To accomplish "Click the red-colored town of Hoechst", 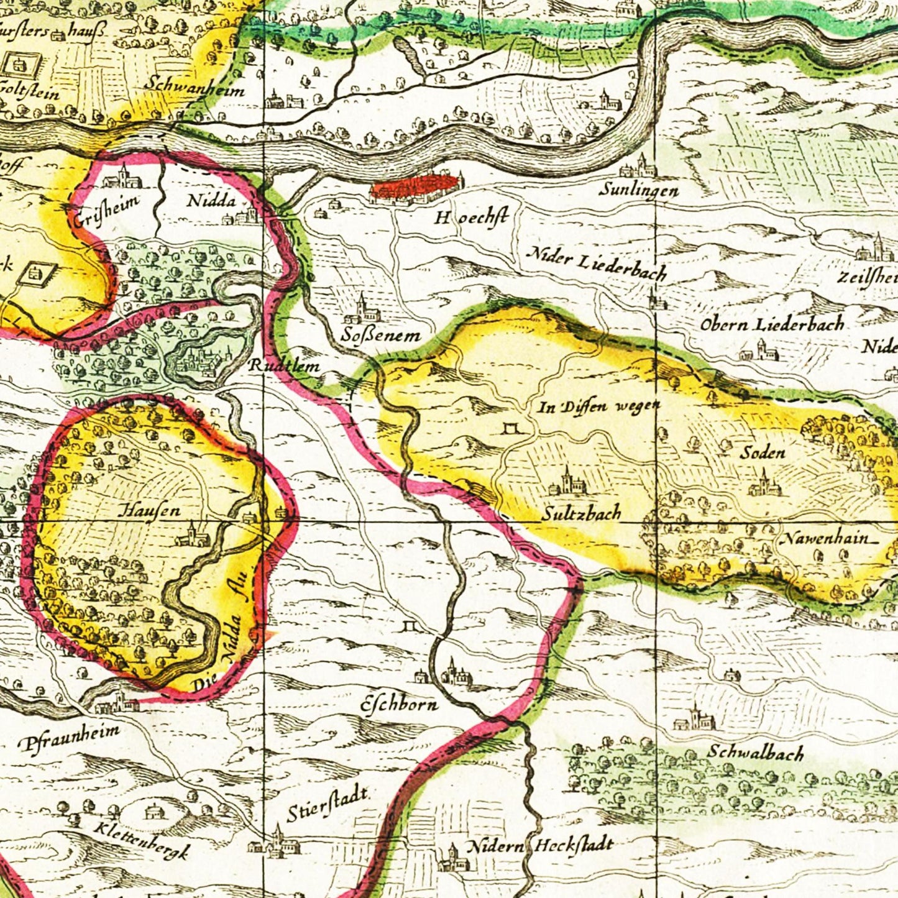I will point(415,188).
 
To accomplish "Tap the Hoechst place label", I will point(471,218).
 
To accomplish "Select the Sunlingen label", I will point(638,190).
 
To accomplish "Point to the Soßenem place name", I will point(380,336).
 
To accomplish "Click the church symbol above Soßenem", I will point(362,309).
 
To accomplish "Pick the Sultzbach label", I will point(580,513).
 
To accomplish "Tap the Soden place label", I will point(762,453).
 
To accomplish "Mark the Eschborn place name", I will point(400,704).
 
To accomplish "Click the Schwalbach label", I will point(756,753).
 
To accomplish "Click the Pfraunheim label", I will point(69,736).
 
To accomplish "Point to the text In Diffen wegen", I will point(598,407).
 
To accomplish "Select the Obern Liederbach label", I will point(772,324).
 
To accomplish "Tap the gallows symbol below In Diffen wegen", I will point(513,429).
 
